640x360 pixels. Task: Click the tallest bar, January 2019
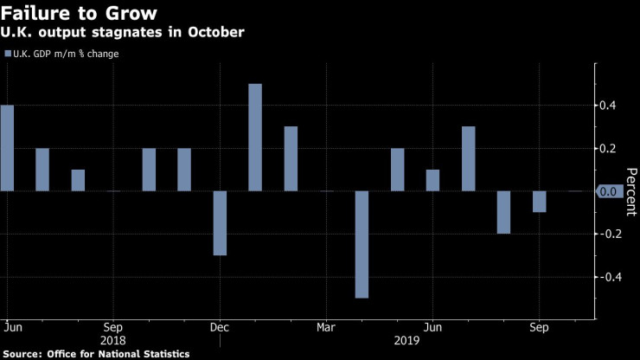click(x=255, y=137)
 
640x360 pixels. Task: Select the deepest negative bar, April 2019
click(x=362, y=244)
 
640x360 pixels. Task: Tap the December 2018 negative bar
click(x=220, y=222)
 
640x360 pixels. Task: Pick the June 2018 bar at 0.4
click(x=7, y=147)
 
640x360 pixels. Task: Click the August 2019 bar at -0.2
click(x=503, y=212)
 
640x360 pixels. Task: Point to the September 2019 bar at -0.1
click(x=539, y=201)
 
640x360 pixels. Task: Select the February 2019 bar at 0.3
click(x=291, y=158)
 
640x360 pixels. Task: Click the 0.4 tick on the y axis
click(x=609, y=106)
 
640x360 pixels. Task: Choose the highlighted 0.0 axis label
click(x=609, y=191)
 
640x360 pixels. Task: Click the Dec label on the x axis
click(x=219, y=328)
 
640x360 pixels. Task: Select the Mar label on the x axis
click(x=326, y=328)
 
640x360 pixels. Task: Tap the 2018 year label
click(x=113, y=341)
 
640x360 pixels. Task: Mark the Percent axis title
click(x=630, y=191)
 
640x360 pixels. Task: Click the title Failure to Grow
click(x=79, y=14)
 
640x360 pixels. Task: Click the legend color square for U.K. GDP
click(x=9, y=54)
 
